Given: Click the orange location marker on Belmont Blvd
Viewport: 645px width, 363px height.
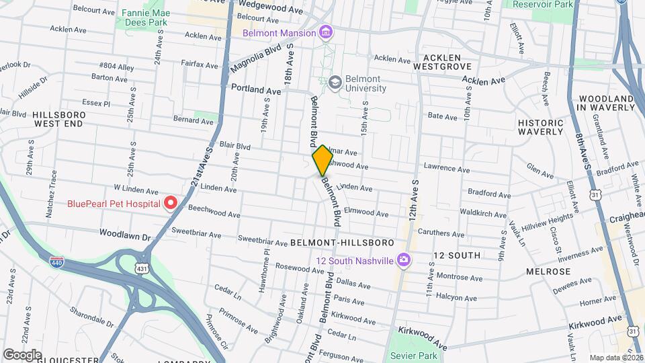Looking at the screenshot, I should [x=322, y=160].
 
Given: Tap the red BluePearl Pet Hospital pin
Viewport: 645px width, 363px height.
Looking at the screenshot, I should [x=171, y=202].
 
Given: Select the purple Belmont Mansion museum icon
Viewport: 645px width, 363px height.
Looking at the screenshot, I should [x=326, y=32].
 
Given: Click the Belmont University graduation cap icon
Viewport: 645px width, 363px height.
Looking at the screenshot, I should [x=335, y=83].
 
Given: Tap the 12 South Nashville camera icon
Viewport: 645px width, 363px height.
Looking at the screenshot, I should [x=403, y=259].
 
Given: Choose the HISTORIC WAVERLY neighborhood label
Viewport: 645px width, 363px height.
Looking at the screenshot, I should [x=540, y=127].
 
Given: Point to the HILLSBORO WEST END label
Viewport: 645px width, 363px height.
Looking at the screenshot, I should [x=59, y=119].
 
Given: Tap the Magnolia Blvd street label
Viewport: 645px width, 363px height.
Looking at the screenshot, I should [x=255, y=59].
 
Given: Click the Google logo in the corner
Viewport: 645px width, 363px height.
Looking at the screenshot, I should [x=21, y=354].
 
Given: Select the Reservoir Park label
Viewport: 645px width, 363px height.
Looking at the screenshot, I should [x=542, y=4].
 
